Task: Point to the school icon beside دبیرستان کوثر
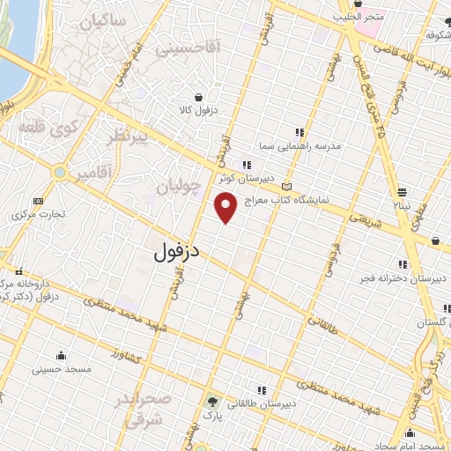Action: click(247, 165)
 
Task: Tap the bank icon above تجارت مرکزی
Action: click(37, 200)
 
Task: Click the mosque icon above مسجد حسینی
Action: click(61, 356)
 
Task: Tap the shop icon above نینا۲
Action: click(402, 192)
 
